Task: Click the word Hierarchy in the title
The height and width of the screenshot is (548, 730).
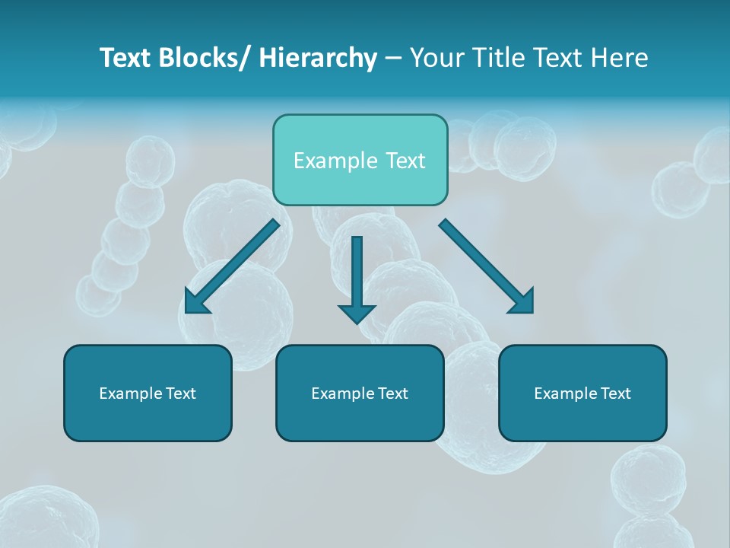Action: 317,58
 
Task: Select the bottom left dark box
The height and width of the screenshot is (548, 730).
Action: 148,419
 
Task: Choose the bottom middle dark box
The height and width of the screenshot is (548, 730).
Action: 360,419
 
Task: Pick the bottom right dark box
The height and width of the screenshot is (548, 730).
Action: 582,419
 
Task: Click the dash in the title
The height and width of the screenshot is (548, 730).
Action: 392,59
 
